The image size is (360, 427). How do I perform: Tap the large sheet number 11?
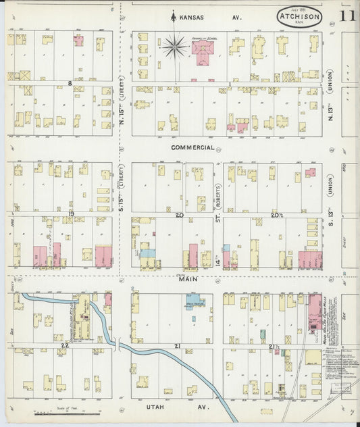[349, 17]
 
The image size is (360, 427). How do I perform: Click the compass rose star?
[174, 47]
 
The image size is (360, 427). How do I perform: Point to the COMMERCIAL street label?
[192, 147]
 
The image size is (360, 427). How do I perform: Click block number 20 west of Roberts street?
[179, 215]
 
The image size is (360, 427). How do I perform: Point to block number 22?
[65, 345]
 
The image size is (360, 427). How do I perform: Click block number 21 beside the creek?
[178, 346]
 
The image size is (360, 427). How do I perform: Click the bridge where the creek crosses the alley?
[117, 345]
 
